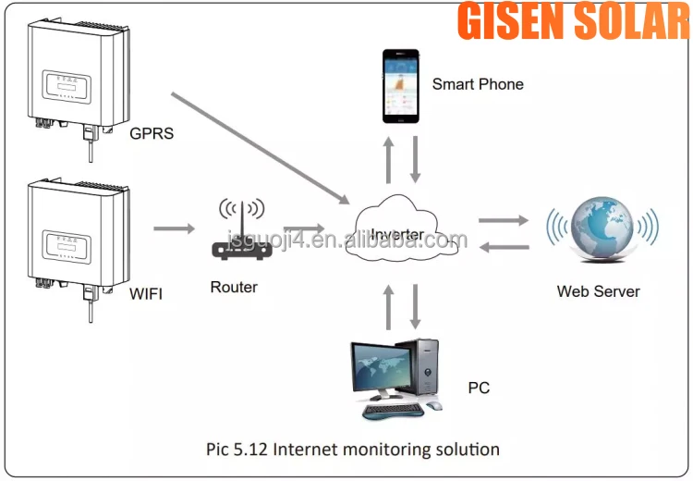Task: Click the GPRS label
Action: (152, 133)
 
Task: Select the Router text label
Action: (234, 287)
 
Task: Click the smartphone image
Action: (400, 85)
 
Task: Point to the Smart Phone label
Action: (478, 84)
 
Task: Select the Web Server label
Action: (598, 291)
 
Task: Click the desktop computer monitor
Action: (379, 368)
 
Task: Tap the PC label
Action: (479, 388)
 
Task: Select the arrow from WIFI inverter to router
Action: (174, 228)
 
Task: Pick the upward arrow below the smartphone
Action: (389, 159)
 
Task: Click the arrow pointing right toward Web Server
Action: (504, 220)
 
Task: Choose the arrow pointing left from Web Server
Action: (504, 246)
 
